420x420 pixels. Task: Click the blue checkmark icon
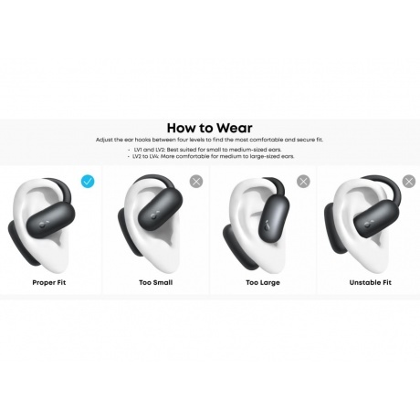click(x=88, y=182)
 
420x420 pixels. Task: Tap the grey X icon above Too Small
click(x=196, y=182)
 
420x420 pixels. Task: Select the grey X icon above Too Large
click(x=303, y=182)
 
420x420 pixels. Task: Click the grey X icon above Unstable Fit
click(x=409, y=182)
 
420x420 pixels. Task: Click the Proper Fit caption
click(x=49, y=282)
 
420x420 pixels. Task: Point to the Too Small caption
click(x=156, y=282)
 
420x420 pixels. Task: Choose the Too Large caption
click(x=263, y=283)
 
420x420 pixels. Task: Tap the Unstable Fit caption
click(x=371, y=282)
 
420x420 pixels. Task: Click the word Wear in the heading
click(x=235, y=128)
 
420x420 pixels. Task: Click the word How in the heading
click(x=181, y=128)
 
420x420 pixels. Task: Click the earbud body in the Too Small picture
click(x=161, y=205)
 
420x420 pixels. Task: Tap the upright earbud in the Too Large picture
click(x=274, y=216)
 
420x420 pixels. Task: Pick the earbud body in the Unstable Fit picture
click(x=377, y=219)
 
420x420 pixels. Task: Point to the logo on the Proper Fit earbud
click(x=42, y=226)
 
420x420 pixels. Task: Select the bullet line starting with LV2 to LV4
click(x=211, y=156)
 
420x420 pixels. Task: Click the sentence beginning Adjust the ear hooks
click(x=209, y=140)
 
